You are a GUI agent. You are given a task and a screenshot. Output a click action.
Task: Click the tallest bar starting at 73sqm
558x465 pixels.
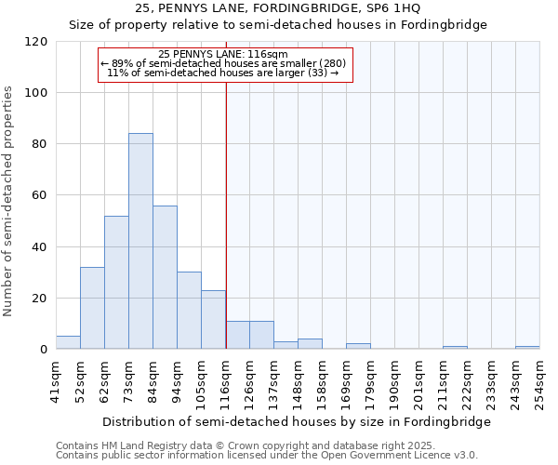(x=140, y=242)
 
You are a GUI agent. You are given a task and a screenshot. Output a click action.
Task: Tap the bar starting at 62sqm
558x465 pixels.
(x=116, y=283)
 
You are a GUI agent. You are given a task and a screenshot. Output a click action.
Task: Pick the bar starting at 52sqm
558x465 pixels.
(x=92, y=308)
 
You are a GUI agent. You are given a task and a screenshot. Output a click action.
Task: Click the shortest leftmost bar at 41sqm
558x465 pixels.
(x=68, y=342)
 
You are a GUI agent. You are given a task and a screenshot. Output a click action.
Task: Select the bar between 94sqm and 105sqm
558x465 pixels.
(x=189, y=311)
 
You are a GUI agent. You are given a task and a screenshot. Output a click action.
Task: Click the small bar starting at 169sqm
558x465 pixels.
(x=358, y=346)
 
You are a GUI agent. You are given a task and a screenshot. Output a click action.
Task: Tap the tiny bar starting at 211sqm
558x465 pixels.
(x=455, y=348)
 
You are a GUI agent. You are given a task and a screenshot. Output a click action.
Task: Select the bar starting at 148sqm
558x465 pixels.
(x=310, y=344)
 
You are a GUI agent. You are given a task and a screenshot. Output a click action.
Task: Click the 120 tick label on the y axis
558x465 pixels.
(x=36, y=42)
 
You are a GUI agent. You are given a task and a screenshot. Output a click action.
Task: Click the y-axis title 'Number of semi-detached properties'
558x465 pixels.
(x=9, y=201)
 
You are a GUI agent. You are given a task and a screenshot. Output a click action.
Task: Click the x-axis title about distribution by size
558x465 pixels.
(x=296, y=421)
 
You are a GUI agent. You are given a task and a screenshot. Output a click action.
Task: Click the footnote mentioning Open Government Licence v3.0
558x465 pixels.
(x=267, y=456)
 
